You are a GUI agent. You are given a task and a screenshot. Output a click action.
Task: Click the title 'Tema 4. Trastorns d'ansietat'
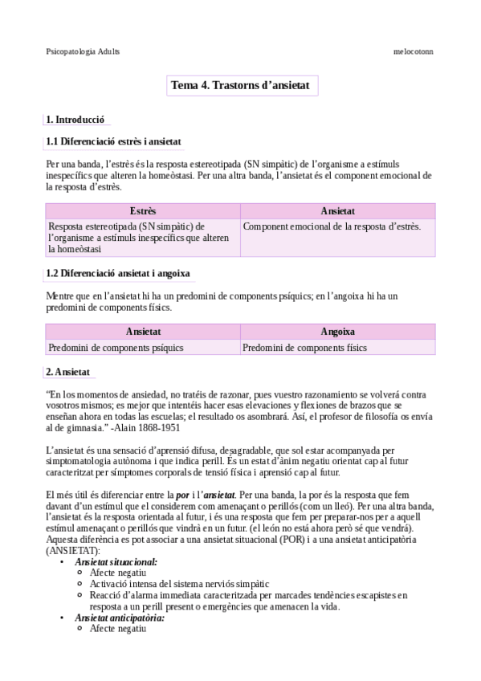245,84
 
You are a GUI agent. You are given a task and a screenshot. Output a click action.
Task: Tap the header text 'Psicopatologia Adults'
84,51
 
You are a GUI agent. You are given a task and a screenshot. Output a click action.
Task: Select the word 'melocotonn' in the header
413,51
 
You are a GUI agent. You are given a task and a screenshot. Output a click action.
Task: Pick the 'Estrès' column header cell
143,211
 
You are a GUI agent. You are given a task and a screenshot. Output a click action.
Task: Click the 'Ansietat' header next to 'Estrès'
338,211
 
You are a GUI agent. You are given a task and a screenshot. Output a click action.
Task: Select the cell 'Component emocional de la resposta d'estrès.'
331,226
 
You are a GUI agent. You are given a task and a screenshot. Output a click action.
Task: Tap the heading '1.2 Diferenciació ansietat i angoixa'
118,274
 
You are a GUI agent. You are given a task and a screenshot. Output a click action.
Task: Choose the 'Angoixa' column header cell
338,332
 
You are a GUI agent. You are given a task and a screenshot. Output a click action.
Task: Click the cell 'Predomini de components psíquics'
116,348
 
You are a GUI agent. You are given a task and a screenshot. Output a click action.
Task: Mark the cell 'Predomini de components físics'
304,348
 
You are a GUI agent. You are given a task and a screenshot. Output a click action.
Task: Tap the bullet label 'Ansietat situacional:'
116,563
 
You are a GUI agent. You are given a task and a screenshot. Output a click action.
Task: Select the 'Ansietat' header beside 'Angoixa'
143,332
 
